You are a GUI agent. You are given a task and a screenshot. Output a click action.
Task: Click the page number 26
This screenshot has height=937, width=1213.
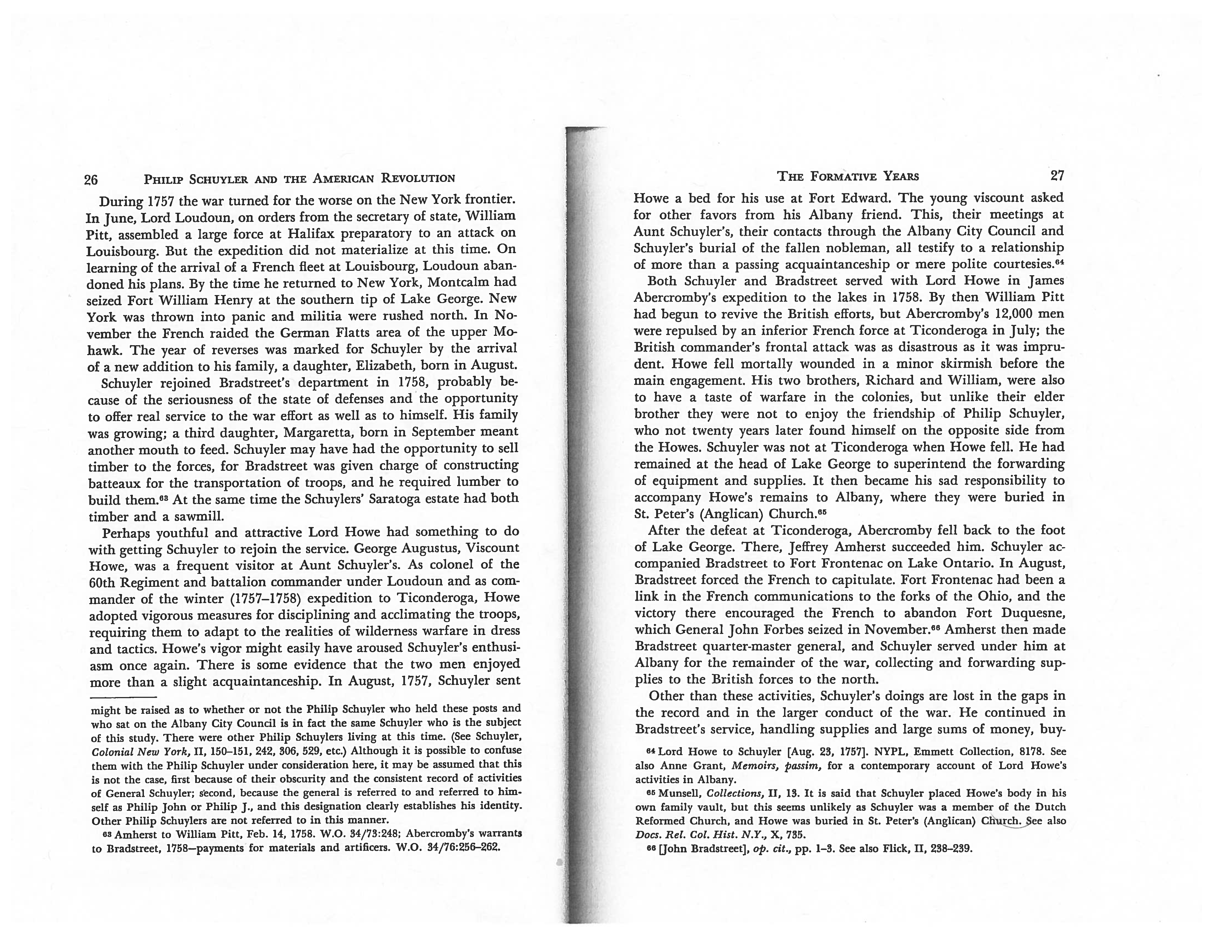(x=91, y=179)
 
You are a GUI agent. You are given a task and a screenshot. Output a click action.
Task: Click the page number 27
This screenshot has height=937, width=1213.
(x=1058, y=176)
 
